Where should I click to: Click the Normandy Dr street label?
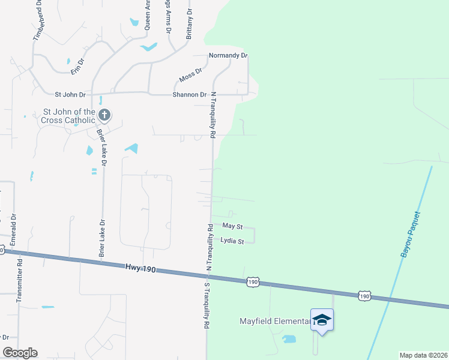[228, 55]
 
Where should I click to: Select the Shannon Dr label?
[189, 95]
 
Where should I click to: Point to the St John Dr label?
[70, 95]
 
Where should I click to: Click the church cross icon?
[104, 115]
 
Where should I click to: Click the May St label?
[232, 226]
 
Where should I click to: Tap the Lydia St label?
[232, 241]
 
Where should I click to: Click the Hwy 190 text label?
[141, 268]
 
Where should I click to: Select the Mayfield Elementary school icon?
[322, 319]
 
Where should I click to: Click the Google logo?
[20, 353]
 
